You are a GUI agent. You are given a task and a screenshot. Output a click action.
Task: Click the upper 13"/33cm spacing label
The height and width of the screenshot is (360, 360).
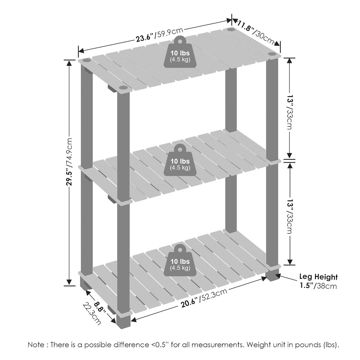[x=289, y=112]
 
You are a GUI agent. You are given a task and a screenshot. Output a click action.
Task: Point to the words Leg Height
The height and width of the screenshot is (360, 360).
[x=319, y=277]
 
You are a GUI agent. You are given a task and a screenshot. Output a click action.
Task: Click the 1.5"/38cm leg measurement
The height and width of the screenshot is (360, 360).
[x=319, y=286]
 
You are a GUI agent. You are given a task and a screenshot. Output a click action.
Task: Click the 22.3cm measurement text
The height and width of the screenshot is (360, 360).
[x=92, y=314]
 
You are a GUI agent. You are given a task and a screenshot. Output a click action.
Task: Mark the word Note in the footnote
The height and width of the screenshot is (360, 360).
[x=36, y=345]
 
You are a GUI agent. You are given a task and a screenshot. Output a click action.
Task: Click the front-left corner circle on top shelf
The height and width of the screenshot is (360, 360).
[x=123, y=88]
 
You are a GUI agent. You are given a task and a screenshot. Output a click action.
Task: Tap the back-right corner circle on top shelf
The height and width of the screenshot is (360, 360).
[x=231, y=30]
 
